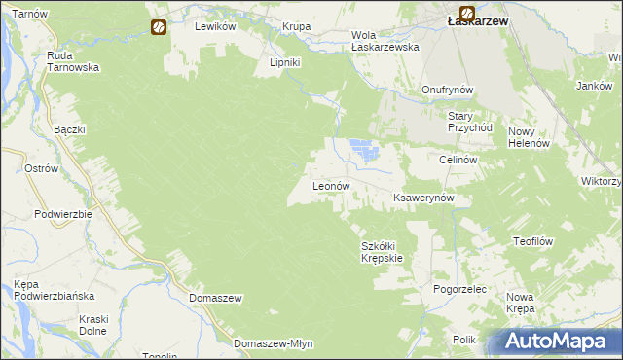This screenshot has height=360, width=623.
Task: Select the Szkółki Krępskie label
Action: click(382, 252)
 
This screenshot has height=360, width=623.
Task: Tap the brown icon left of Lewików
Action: click(159, 27)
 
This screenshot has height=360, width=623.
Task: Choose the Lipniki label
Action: click(287, 61)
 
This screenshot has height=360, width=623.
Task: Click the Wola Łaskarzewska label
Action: click(385, 40)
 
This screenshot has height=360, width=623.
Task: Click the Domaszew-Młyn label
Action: click(272, 343)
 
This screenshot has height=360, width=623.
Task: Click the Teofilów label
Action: click(532, 240)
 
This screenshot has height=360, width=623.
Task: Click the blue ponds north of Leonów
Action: click(363, 150)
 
